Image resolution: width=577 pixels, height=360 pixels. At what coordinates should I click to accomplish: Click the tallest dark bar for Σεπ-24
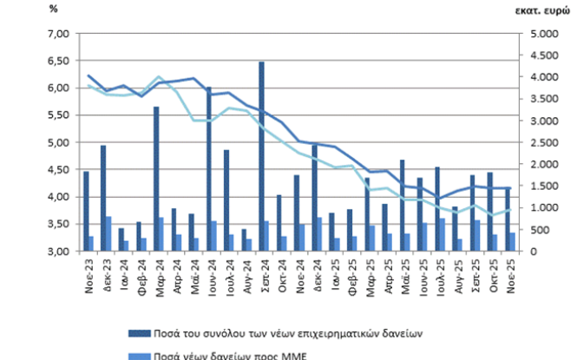coord(261,156)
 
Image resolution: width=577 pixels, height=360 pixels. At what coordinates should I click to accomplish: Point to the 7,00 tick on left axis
coord(56,34)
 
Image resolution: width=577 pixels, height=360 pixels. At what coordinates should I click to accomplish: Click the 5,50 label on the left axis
coord(56,115)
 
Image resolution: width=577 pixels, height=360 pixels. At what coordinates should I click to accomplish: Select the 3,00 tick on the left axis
coord(56,252)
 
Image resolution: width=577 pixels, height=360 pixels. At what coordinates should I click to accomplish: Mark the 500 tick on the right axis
coord(547,230)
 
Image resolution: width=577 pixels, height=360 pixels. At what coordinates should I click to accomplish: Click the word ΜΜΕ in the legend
coord(298,355)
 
